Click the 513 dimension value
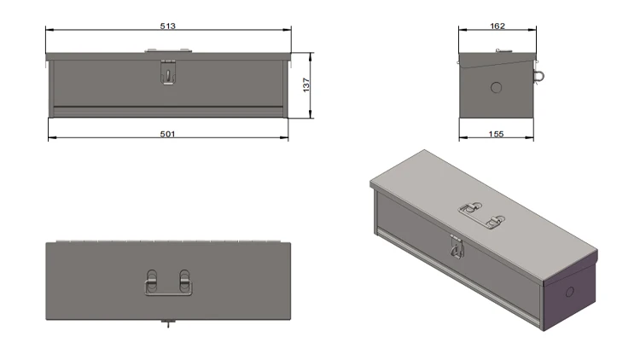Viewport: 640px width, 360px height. point(167,26)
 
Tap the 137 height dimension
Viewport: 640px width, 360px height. point(305,85)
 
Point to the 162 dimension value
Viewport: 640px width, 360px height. point(498,26)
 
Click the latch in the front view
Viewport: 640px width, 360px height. point(168,73)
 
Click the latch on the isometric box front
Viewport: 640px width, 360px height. point(458,247)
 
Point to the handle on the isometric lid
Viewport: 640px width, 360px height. point(480,214)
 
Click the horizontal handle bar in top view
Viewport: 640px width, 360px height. point(167,294)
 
